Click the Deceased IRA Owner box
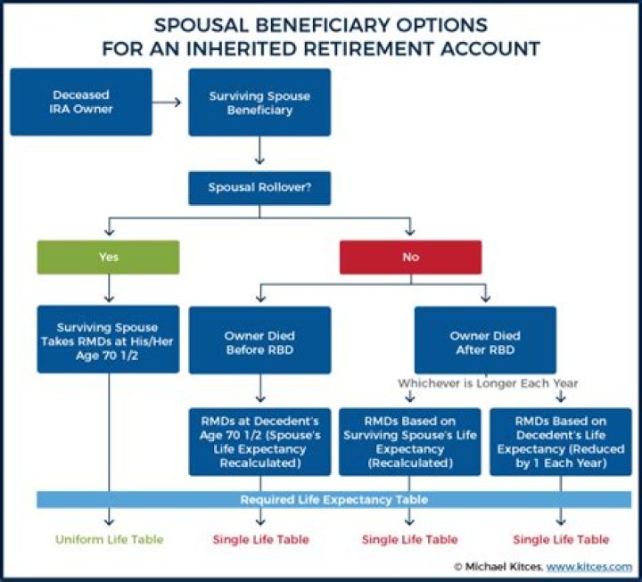[x=81, y=102]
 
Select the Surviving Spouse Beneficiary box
[x=259, y=102]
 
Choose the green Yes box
[x=108, y=257]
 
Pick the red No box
[x=410, y=257]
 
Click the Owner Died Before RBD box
[x=259, y=340]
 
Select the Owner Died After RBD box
[x=485, y=340]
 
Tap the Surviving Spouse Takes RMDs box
[x=108, y=340]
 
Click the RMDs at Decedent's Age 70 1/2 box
[x=259, y=441]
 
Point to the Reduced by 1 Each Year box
[x=560, y=441]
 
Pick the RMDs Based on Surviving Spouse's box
[x=410, y=441]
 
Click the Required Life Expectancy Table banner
[x=333, y=500]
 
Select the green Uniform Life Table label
[x=108, y=539]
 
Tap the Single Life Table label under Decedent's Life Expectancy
[x=561, y=539]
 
